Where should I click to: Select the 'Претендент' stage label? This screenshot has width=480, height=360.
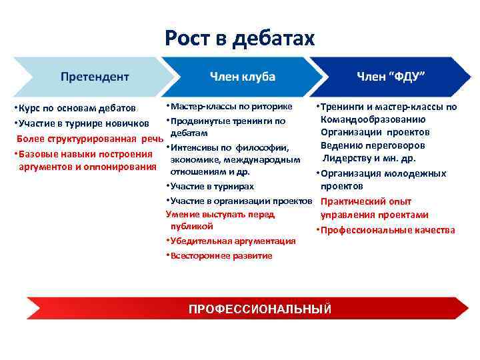[x=95, y=76]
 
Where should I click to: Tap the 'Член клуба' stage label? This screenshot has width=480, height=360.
[x=242, y=76]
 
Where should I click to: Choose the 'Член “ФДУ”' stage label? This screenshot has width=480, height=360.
[x=391, y=76]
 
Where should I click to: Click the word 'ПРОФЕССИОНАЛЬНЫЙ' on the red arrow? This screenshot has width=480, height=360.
[x=260, y=309]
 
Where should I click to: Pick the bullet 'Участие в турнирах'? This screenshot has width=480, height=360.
[x=212, y=186]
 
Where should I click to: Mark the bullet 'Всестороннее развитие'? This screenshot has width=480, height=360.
[x=221, y=255]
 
